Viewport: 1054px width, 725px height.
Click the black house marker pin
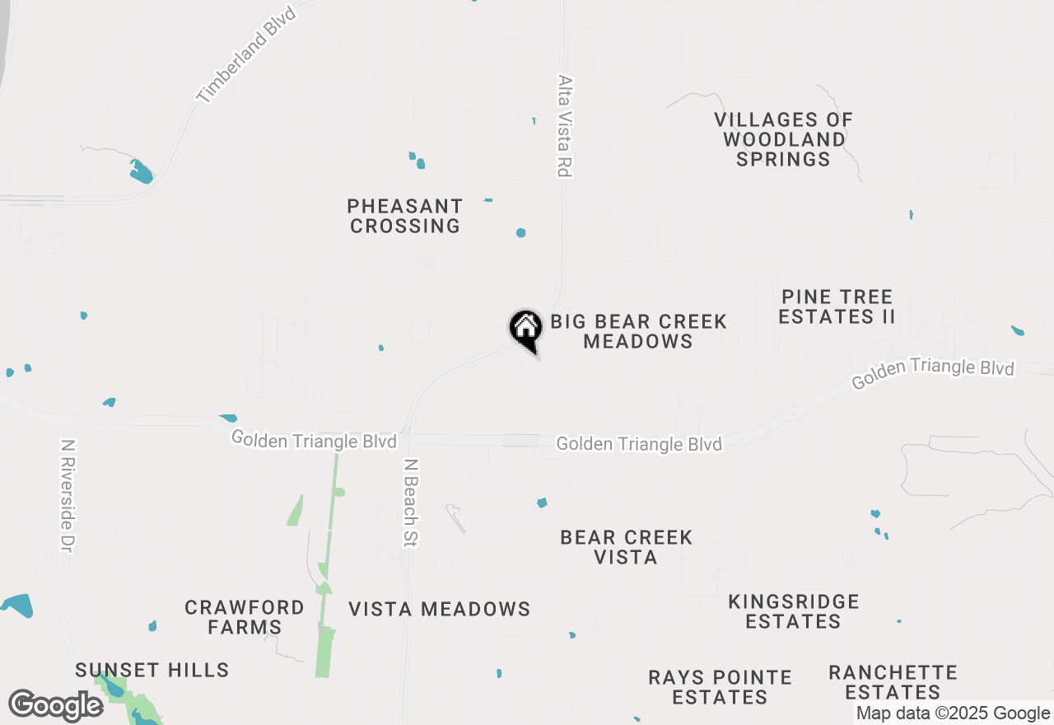525,330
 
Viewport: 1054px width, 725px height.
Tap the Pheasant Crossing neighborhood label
404,216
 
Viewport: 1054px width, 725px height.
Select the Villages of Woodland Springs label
783,140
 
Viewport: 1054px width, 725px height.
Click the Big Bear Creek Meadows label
638,331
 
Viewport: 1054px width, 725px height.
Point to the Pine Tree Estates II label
837,306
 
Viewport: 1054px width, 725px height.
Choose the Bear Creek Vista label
626,547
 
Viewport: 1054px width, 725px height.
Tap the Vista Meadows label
439,610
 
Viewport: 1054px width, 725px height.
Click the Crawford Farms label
245,617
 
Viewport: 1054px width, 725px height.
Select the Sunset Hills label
152,670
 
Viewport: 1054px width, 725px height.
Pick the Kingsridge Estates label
794,611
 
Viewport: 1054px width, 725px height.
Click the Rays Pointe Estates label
720,687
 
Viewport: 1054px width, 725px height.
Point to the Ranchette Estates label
893,682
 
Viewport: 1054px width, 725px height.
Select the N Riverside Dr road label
68,495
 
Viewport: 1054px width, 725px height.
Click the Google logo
55,706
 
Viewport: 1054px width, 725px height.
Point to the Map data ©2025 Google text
953,713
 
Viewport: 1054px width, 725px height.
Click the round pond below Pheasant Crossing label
520,233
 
